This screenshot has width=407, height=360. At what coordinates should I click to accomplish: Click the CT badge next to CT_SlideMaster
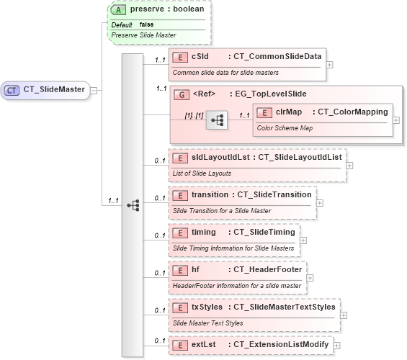point(13,90)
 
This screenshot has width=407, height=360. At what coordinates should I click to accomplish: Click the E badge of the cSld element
point(180,56)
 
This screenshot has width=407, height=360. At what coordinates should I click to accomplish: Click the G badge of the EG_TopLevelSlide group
point(182,93)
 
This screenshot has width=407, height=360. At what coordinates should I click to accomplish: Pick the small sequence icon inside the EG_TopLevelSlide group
point(216,120)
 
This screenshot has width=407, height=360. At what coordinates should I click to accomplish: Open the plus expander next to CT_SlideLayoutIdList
point(350,165)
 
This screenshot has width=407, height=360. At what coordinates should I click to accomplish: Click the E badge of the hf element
point(180,270)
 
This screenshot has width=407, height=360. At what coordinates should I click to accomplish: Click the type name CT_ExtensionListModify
point(279,345)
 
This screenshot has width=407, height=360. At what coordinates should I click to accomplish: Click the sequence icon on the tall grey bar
point(133,205)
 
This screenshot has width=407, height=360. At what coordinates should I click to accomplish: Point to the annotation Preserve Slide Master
point(143,35)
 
